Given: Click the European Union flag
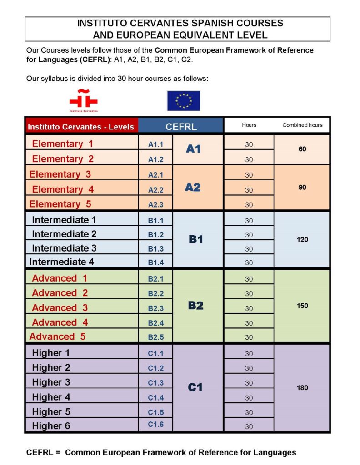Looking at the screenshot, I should [x=183, y=100].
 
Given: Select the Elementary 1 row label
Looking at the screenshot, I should [x=62, y=144].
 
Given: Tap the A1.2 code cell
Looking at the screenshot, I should [x=155, y=159].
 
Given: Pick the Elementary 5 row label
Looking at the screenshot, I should [x=60, y=204].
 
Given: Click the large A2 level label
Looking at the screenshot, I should [x=193, y=188].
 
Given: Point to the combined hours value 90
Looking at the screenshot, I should [x=302, y=187].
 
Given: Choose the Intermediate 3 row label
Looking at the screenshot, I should [x=64, y=248].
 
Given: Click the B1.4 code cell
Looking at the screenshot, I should [x=155, y=262].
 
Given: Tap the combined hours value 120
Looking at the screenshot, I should [x=302, y=239].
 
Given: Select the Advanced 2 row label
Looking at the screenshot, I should [x=60, y=293].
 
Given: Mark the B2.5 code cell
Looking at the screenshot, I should [x=155, y=337].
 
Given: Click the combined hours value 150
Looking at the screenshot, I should [x=302, y=306].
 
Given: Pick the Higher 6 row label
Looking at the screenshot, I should [x=51, y=426].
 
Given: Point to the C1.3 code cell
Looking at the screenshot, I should [x=155, y=383].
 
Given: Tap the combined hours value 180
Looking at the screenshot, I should [x=302, y=387].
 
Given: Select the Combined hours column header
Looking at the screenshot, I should [x=302, y=125].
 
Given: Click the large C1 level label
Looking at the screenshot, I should [x=195, y=387].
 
